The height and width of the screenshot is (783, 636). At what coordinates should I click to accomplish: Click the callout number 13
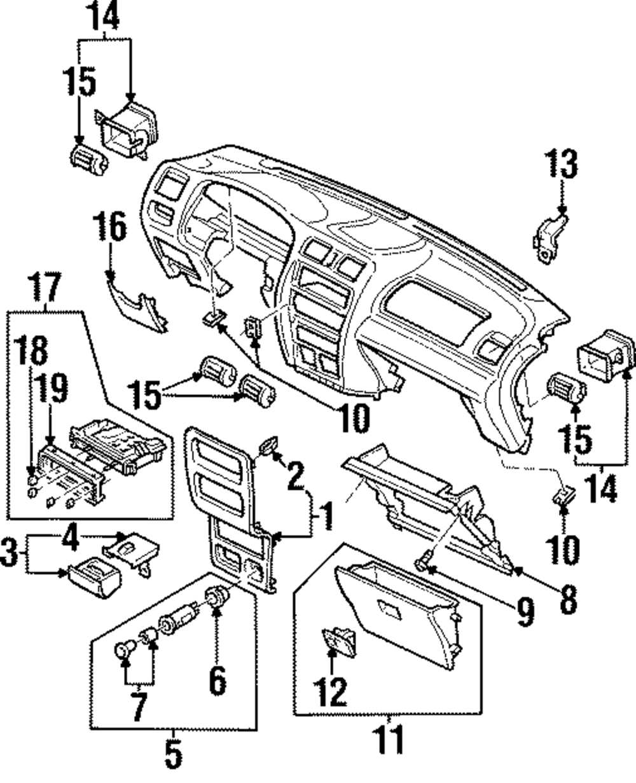point(561,165)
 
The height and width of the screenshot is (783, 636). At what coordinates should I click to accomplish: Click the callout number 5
point(173,754)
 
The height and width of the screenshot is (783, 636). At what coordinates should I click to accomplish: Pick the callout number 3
point(10,552)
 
